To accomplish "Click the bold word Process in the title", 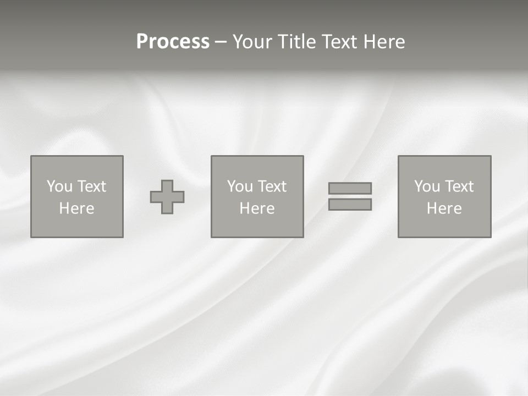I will pos(173,42).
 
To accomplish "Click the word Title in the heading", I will pos(298,42).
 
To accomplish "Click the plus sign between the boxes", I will pos(167,197).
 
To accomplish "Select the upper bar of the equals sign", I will pos(350,188).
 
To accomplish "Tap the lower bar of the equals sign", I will pos(350,205).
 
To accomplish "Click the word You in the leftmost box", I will pos(59,186).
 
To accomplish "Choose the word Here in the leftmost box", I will pos(76,208).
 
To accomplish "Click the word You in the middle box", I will pos(240,186).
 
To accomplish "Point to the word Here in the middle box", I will pos(257,208).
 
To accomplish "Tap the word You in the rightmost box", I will pos(427,186).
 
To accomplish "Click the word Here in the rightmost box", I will pos(444,208).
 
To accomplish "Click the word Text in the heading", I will pos(339,42).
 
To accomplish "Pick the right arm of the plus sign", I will pos(178,197).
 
